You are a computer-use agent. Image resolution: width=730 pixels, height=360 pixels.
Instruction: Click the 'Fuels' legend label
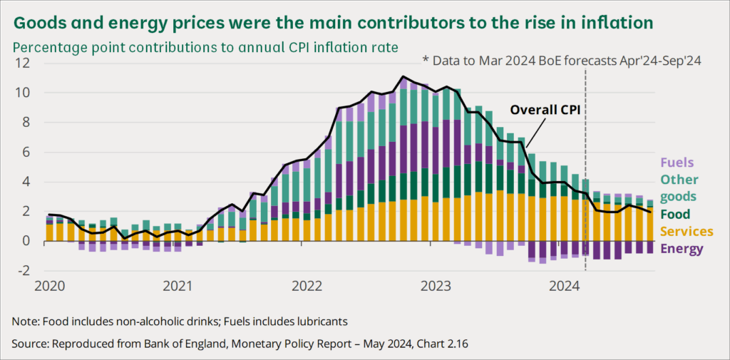coord(677,163)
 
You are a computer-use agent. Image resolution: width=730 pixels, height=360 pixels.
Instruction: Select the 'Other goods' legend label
coord(679,187)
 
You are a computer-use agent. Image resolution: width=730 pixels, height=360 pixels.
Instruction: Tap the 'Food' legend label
coord(676,214)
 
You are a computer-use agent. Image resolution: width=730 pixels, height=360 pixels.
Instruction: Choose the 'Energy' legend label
coord(682,249)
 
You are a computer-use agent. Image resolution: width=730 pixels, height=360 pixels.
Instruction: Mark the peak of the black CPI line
coord(403,76)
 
